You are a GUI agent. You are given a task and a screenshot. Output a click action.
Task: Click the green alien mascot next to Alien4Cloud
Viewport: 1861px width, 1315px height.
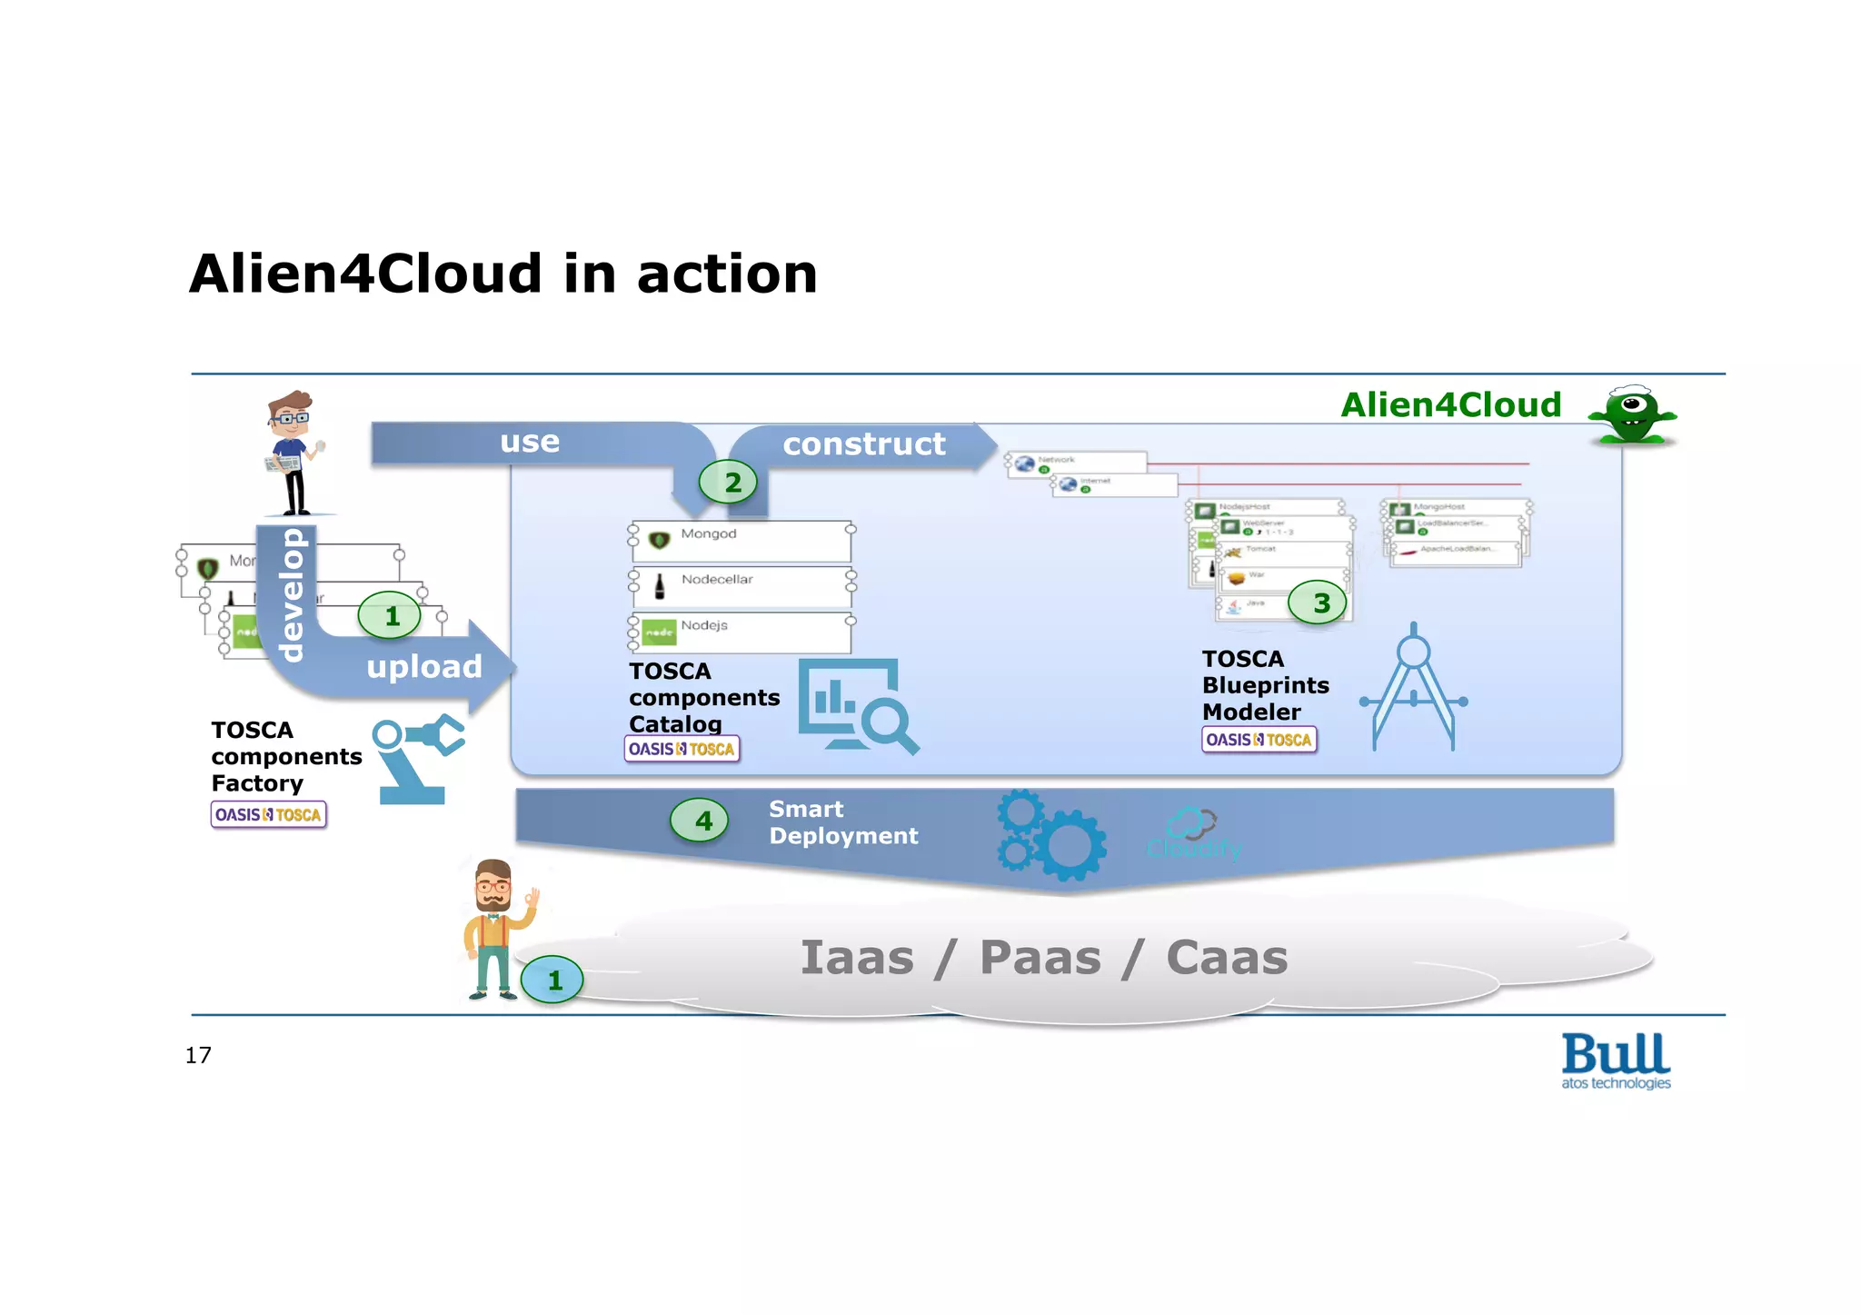coord(1632,415)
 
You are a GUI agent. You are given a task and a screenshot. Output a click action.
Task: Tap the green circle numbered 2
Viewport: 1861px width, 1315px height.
coord(728,482)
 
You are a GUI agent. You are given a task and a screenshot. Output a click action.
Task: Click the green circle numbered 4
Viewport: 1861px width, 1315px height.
coord(699,821)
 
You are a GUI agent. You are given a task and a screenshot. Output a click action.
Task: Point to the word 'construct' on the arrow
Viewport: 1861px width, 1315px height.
coord(863,443)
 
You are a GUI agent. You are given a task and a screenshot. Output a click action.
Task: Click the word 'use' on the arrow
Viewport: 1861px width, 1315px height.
coord(530,442)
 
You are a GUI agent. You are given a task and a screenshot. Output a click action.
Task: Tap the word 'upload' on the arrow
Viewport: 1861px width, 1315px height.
coord(423,667)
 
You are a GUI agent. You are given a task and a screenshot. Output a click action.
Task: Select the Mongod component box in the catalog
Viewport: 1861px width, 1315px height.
coord(741,541)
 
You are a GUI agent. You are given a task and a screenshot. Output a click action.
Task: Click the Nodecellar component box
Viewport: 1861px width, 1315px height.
coord(741,586)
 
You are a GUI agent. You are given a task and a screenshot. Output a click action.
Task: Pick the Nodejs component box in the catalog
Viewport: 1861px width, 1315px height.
coord(741,633)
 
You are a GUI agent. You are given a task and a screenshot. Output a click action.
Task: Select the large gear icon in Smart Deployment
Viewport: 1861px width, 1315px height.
coord(1070,844)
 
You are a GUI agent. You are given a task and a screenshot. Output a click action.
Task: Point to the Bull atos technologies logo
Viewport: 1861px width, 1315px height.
coord(1616,1061)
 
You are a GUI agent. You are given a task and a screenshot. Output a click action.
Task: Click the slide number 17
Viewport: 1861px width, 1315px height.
coord(198,1055)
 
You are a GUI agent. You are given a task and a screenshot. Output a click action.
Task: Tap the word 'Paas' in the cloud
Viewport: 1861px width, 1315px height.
coord(1040,958)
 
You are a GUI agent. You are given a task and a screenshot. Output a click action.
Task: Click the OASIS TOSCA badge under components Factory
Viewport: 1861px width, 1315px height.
coord(268,814)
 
